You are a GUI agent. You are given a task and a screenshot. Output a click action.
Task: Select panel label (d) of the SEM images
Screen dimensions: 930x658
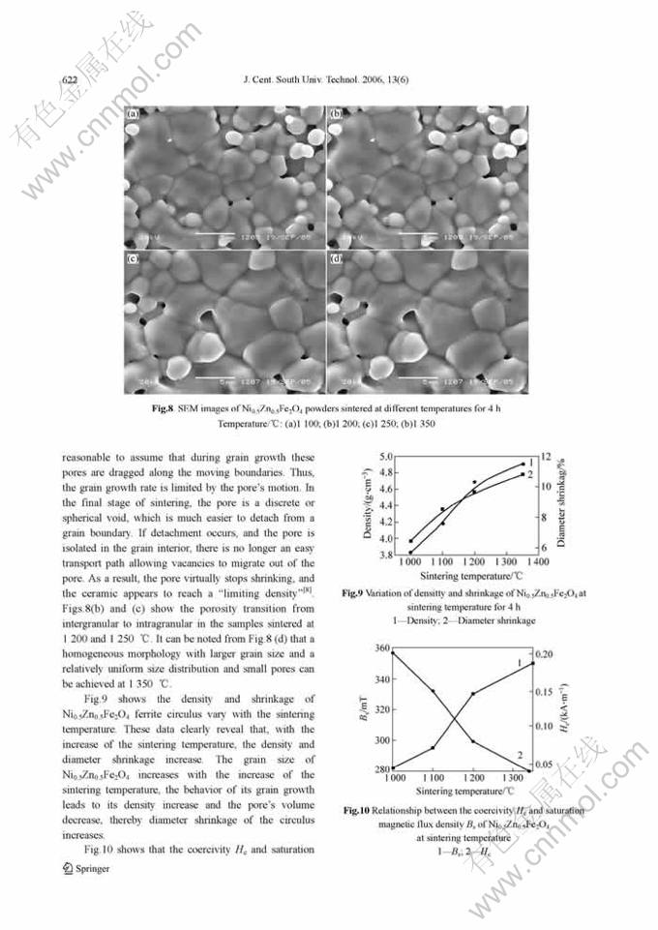(336, 259)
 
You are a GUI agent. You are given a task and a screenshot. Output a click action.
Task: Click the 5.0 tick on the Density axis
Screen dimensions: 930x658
(385, 456)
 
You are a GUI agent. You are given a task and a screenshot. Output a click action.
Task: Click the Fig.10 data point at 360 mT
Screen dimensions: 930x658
(393, 653)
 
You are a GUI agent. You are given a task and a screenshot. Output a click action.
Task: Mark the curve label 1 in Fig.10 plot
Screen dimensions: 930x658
(520, 662)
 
